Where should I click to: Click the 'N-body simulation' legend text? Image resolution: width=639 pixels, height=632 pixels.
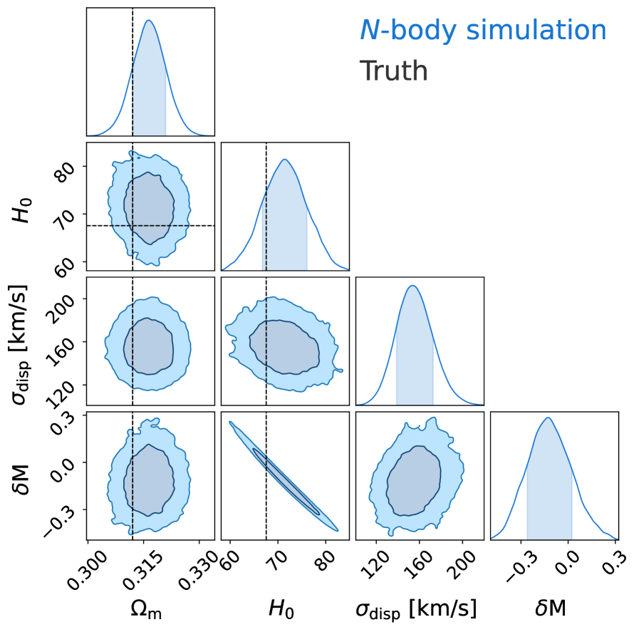[483, 31]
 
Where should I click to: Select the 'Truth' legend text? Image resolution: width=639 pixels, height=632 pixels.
[393, 71]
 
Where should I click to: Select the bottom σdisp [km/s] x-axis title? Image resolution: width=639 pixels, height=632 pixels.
[416, 608]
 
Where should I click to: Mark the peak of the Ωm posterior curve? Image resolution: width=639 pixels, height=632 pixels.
[149, 20]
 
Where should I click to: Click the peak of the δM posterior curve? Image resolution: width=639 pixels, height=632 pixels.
[548, 418]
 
